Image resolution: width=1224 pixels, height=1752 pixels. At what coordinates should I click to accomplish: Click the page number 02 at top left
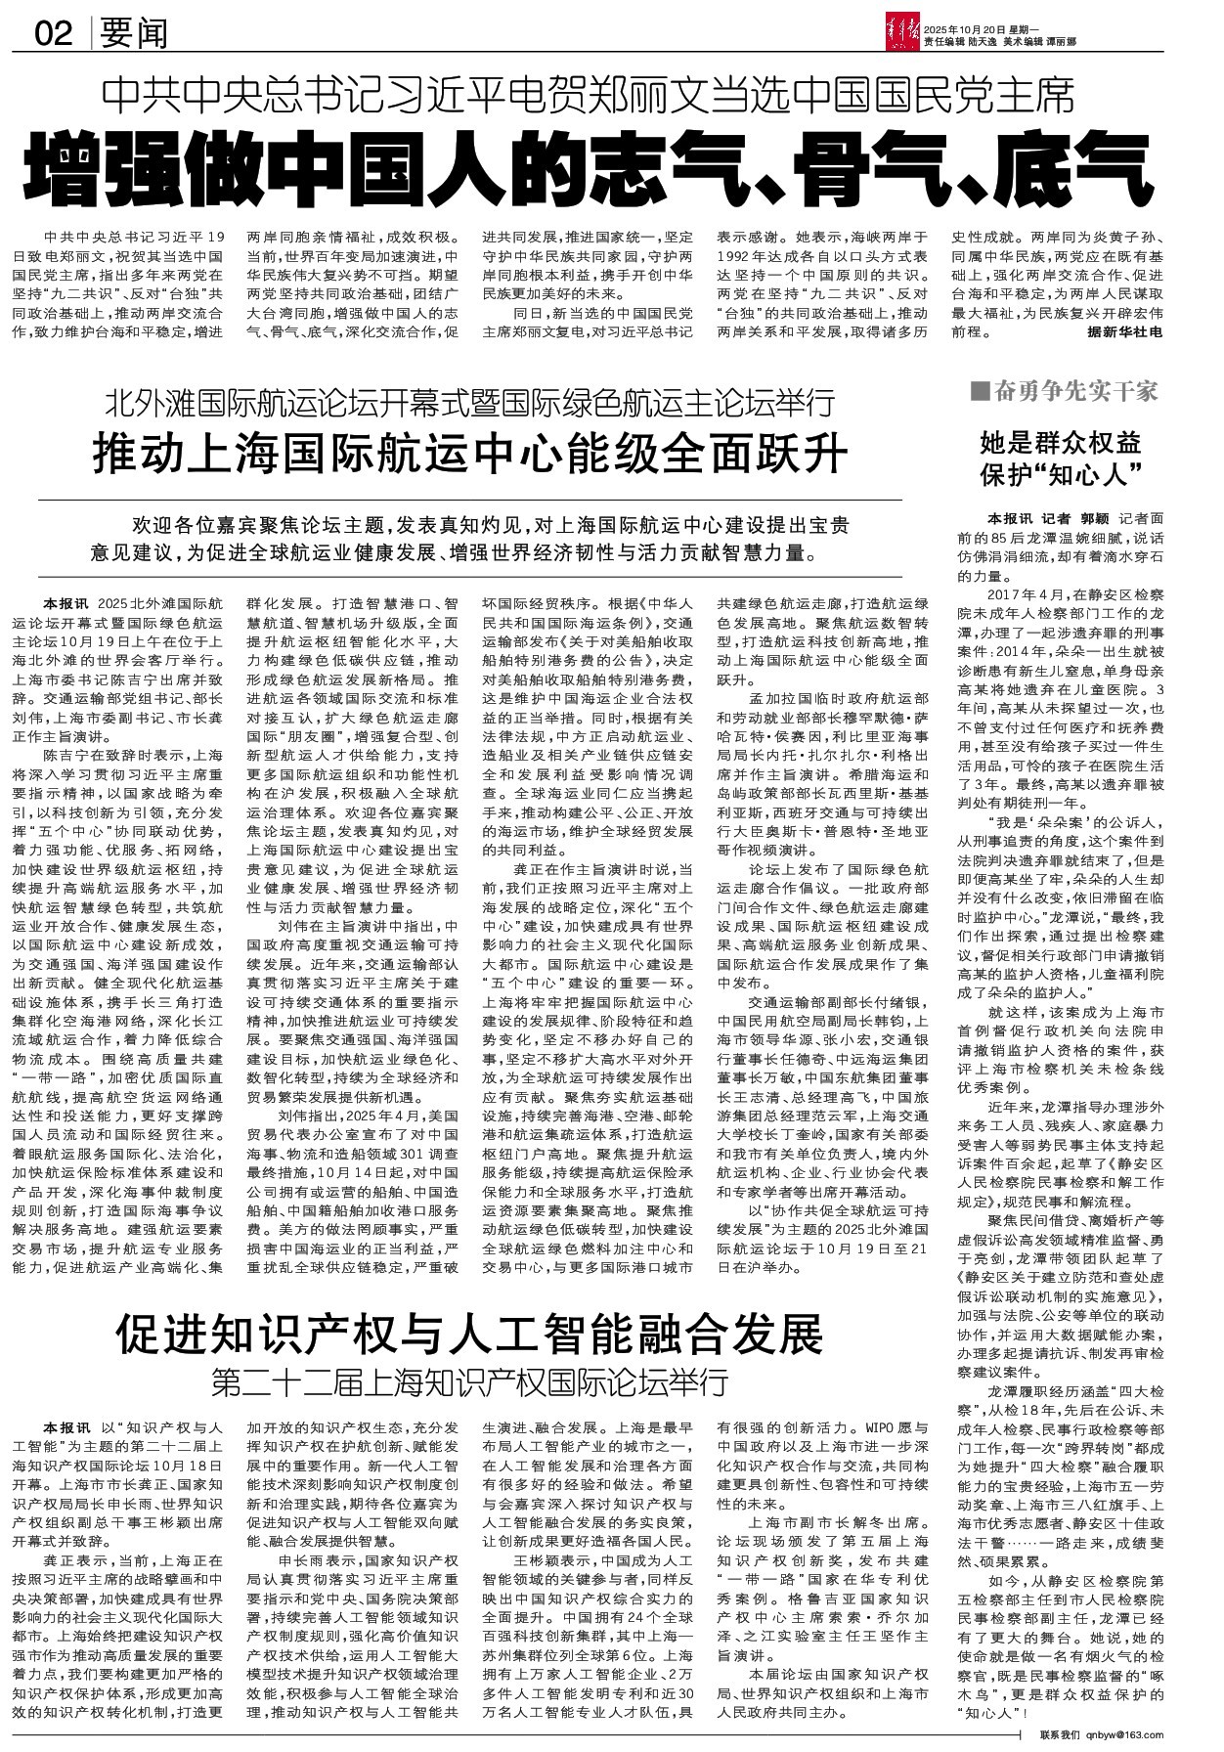tap(54, 34)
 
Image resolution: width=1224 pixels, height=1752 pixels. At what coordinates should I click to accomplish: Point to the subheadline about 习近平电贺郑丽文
tap(592, 97)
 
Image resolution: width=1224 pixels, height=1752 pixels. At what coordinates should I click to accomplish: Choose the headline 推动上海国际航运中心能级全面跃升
tap(470, 453)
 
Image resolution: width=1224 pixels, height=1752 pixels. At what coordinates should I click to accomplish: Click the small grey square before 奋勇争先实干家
tap(977, 392)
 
